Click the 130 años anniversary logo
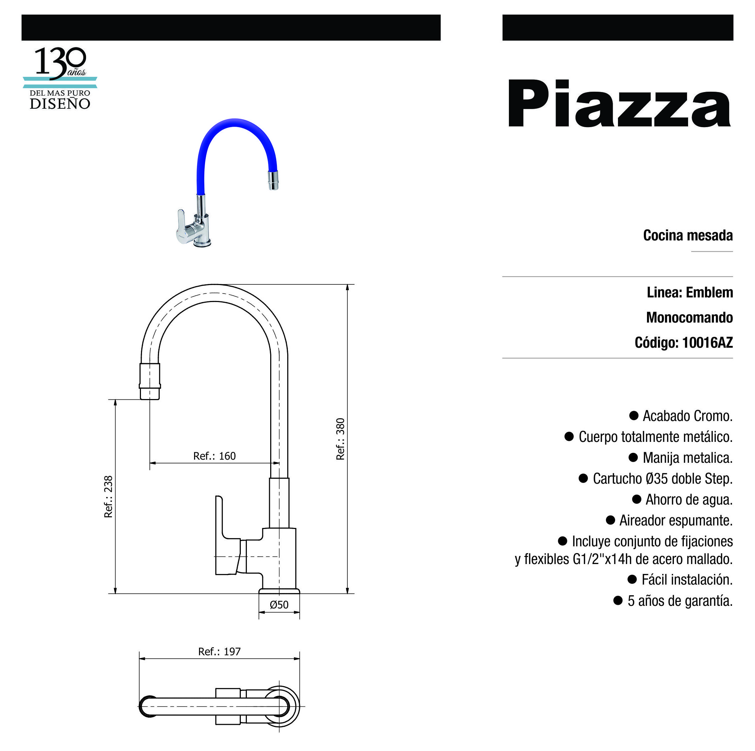click(60, 78)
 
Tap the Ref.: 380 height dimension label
click(341, 439)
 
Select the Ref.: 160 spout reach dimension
click(214, 456)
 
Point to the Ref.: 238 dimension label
click(108, 497)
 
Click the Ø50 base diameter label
click(279, 605)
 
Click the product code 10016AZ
click(707, 343)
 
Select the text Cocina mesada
click(687, 235)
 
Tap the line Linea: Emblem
click(689, 292)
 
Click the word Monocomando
click(689, 317)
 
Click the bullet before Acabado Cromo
click(634, 415)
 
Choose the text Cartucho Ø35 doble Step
click(662, 479)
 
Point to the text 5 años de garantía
click(680, 601)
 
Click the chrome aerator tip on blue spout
click(273, 180)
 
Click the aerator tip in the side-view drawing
click(150, 381)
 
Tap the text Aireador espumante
click(676, 520)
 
